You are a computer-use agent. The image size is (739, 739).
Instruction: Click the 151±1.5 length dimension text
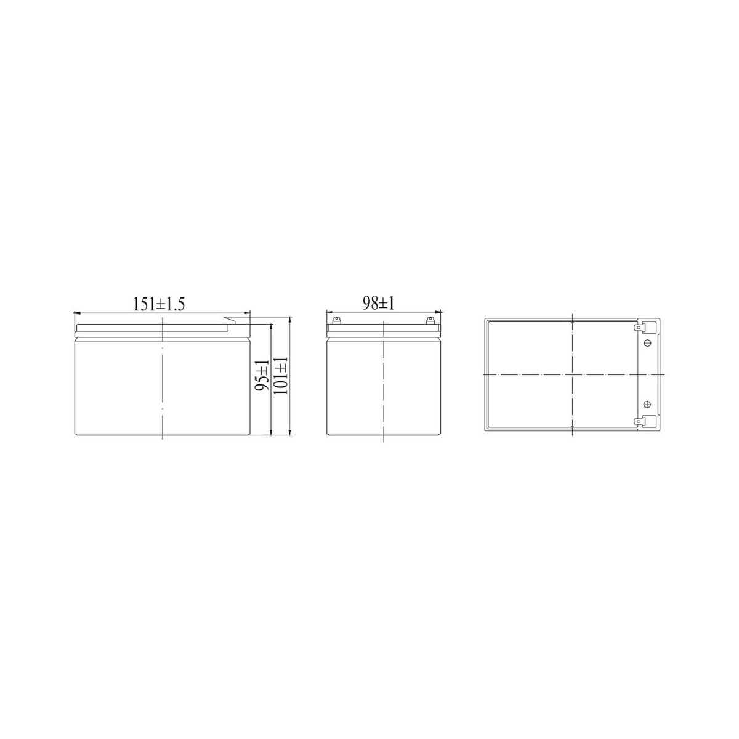click(159, 304)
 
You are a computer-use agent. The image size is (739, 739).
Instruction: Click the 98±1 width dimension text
click(378, 304)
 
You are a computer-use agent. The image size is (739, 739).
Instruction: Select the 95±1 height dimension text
click(262, 376)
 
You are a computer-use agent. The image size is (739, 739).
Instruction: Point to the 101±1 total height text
click(281, 375)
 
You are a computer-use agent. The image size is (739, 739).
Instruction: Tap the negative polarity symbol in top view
click(648, 343)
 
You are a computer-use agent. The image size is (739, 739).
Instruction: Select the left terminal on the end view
click(337, 320)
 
